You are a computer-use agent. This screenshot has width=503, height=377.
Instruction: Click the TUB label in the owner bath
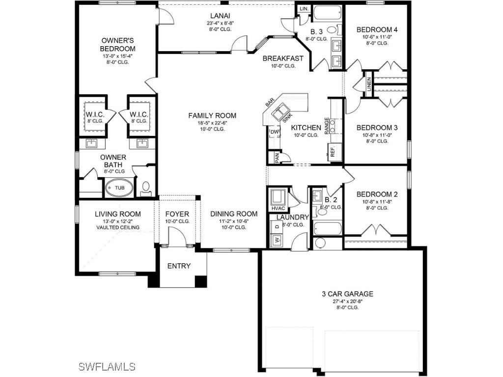[119, 188]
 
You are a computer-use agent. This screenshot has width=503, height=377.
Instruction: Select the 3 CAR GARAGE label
[347, 294]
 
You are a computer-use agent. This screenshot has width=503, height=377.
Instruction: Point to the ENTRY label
[179, 266]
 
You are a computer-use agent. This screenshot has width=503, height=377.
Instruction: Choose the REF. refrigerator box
[333, 152]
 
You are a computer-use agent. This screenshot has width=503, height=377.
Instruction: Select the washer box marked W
[276, 240]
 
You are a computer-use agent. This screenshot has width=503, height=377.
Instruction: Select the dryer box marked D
[276, 226]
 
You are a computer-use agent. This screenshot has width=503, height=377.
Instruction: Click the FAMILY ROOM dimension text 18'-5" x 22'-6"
[212, 123]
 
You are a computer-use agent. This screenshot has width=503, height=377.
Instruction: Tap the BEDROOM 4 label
[377, 29]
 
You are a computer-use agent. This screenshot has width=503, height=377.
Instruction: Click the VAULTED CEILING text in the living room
[118, 227]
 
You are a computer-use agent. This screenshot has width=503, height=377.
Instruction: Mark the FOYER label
[177, 214]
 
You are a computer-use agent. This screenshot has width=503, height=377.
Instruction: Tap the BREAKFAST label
[283, 58]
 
